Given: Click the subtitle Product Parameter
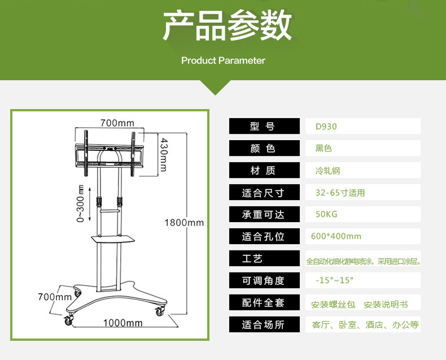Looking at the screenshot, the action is [223, 60].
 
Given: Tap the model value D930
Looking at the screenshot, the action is [326, 127].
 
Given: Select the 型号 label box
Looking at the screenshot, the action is [264, 126].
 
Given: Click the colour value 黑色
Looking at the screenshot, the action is [323, 149].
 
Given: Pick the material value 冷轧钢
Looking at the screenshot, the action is [327, 171].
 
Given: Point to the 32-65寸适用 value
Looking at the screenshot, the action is [340, 193].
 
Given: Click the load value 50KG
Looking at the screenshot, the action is [326, 214].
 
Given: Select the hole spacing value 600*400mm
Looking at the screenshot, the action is [336, 236].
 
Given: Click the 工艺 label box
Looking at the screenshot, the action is [264, 259].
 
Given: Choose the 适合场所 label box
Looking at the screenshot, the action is [264, 324].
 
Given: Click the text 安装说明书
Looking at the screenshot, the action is [386, 305].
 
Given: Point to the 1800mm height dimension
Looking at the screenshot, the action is [184, 223].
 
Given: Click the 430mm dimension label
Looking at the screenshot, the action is [163, 154].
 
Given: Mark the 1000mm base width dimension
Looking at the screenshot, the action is [123, 323].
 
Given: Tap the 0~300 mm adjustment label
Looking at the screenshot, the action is [80, 203].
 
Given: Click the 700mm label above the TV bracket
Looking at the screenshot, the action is [117, 123].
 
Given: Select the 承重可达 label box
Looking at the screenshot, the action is [264, 215].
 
